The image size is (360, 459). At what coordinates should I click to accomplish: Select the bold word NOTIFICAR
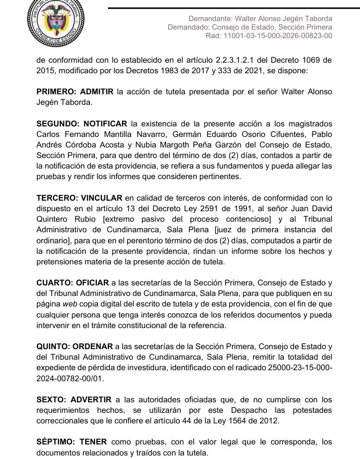pos(105,123)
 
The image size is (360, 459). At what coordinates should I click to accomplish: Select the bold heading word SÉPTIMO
pos(55,442)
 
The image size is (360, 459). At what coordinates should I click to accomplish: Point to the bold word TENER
pos(92,442)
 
